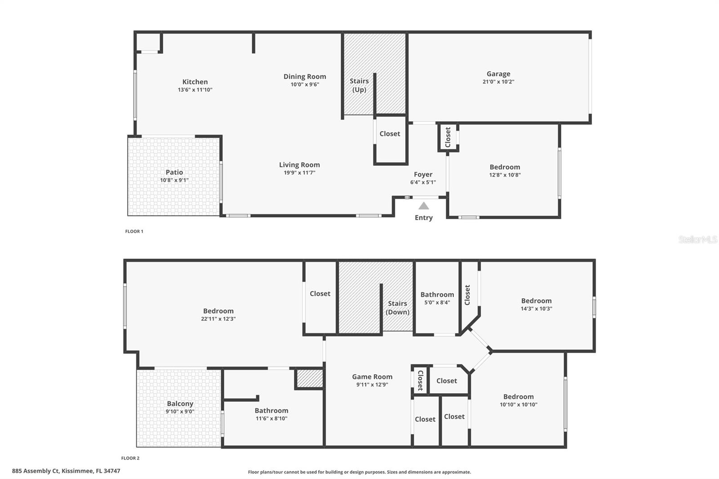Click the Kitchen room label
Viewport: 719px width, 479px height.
195,82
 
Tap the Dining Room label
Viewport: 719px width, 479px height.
305,76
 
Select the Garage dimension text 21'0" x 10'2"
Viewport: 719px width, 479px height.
498,82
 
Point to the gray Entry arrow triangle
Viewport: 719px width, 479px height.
424,206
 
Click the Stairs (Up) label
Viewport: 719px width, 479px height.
359,85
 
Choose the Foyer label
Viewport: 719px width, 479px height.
423,174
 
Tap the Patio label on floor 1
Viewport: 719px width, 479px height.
174,172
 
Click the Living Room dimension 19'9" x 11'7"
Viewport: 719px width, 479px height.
299,173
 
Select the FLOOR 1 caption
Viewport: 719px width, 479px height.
134,231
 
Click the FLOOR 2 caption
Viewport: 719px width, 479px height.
130,458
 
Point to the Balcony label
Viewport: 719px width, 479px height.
180,404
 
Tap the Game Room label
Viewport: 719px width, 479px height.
372,377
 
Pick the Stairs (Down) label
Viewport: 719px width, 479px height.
398,308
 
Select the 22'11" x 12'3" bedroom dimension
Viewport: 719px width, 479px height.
218,319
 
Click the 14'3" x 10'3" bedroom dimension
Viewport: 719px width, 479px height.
537,309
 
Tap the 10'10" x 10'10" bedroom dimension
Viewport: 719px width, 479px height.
519,404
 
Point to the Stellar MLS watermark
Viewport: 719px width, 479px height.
698,239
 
